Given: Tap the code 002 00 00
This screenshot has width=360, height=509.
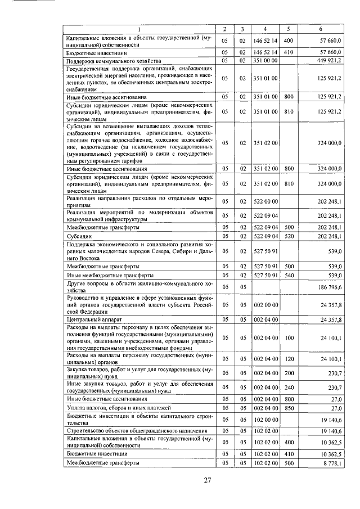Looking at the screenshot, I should click(x=265, y=304).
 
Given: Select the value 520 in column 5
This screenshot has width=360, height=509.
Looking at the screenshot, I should click(x=289, y=237).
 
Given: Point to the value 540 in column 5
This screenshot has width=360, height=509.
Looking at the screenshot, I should click(x=289, y=275).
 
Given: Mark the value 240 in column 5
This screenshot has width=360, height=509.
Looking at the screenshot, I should click(x=289, y=387).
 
